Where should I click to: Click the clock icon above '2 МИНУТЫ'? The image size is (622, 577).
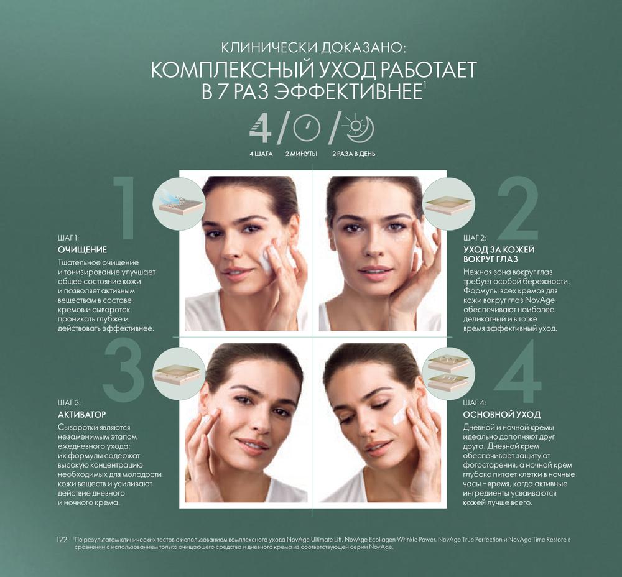coord(307,127)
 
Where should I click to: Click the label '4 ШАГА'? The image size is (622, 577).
coord(261,154)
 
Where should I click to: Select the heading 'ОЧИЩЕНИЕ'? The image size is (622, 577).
coord(83,250)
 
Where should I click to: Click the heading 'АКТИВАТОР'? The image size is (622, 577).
coord(82,415)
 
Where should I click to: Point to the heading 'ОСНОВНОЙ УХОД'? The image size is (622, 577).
coord(502,415)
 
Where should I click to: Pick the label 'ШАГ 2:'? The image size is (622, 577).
coord(475,238)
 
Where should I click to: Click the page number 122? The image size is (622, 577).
coord(62,540)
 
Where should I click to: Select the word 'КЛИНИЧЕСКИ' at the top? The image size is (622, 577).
coord(269,48)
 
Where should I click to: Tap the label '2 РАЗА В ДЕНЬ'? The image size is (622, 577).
coord(353,154)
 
